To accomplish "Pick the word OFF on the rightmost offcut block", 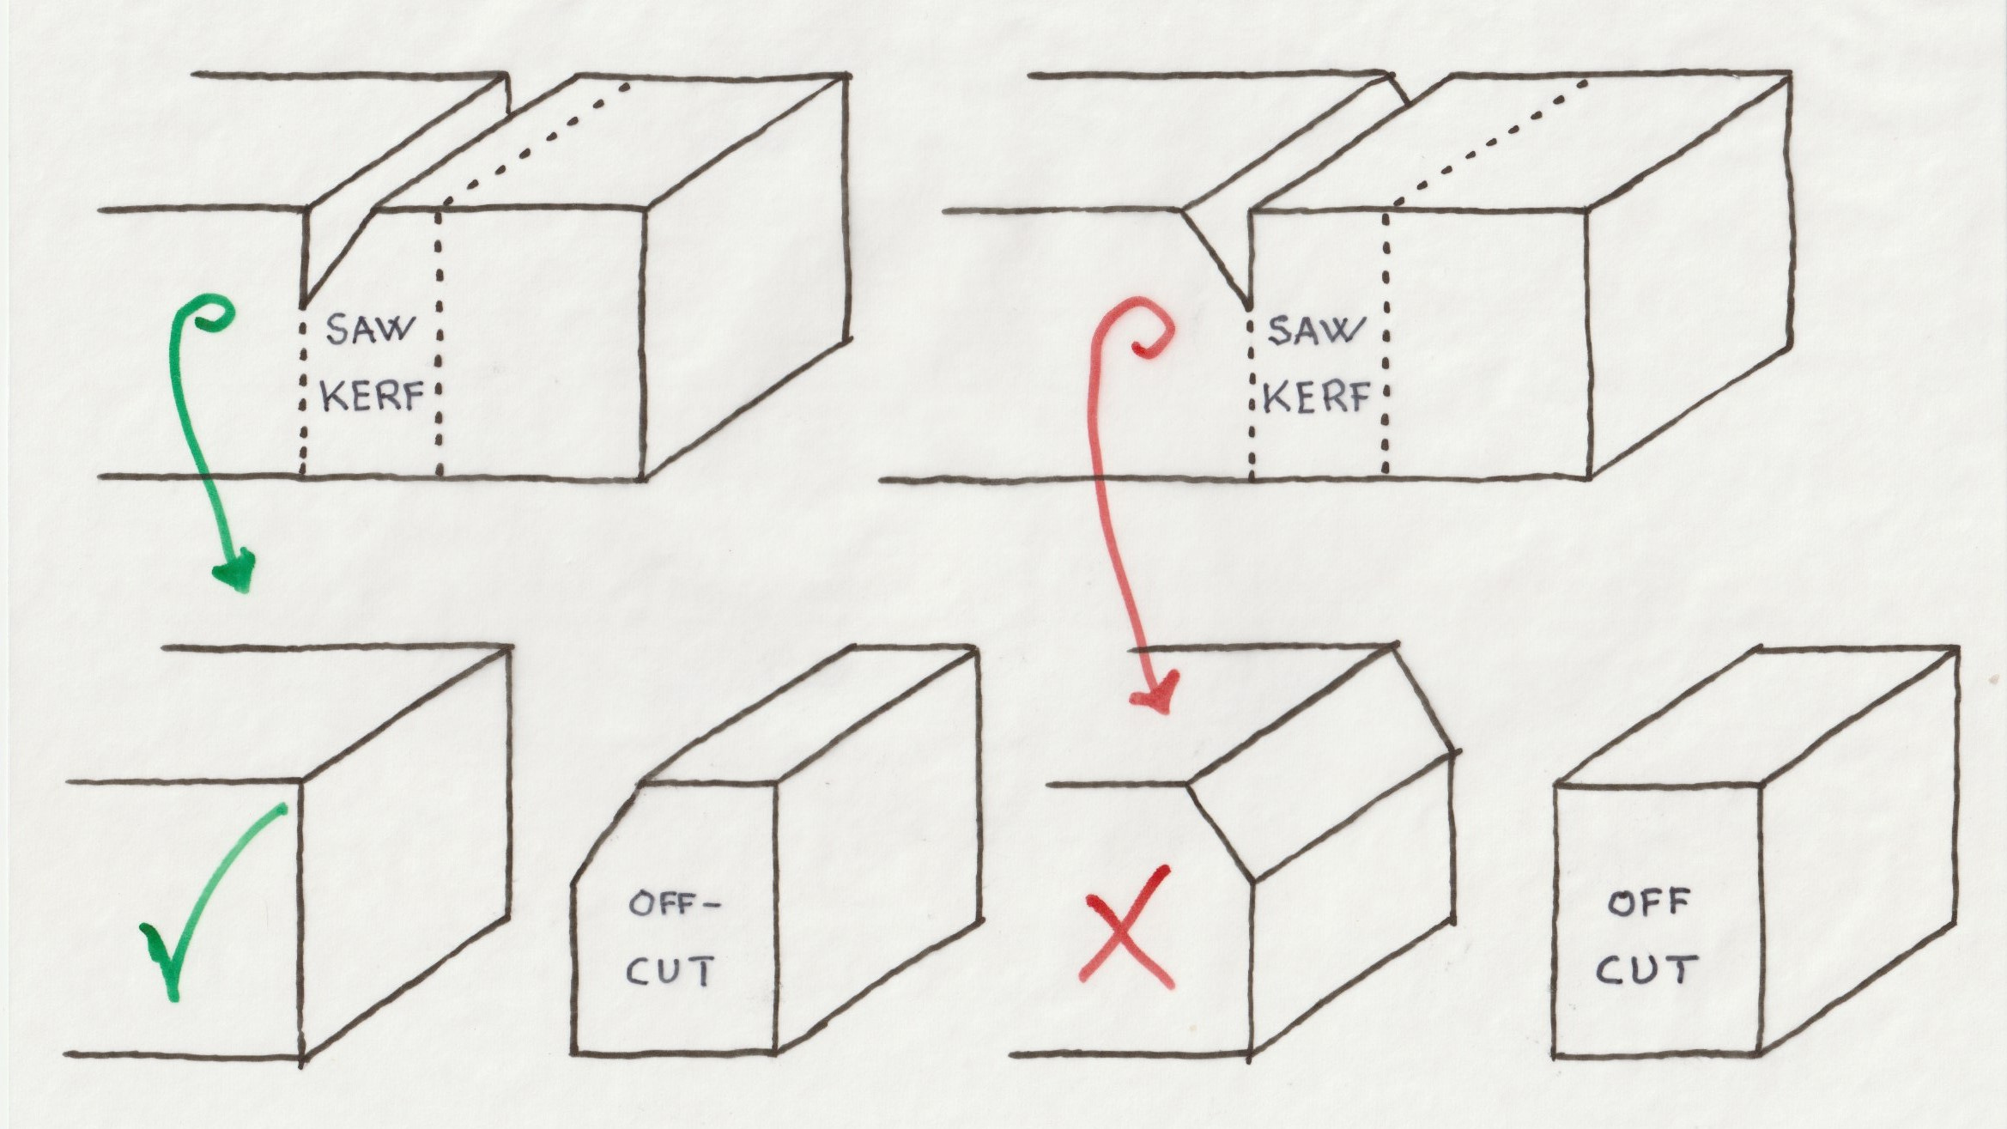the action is coord(1648,904).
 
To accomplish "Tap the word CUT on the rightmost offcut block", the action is coord(1646,971).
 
